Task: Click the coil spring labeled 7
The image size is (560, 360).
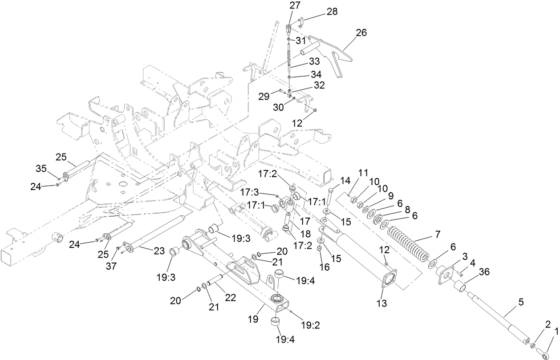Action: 408,244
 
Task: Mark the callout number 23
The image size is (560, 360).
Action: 159,251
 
